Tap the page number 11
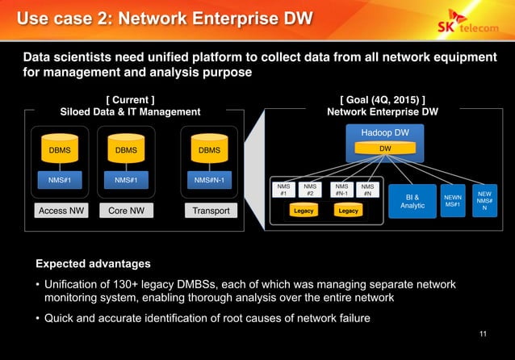pyautogui.click(x=483, y=334)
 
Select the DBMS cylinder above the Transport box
pyautogui.click(x=209, y=150)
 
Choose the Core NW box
pyautogui.click(x=126, y=211)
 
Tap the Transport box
pyautogui.click(x=210, y=211)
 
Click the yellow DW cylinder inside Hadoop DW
pyautogui.click(x=385, y=149)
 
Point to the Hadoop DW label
pyautogui.click(x=385, y=132)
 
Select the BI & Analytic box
pyautogui.click(x=412, y=200)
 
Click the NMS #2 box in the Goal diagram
pyautogui.click(x=310, y=190)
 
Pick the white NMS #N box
pyautogui.click(x=367, y=190)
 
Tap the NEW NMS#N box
pyautogui.click(x=484, y=200)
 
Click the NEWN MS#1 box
pyautogui.click(x=452, y=200)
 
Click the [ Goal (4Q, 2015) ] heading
pyautogui.click(x=383, y=99)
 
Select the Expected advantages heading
pyautogui.click(x=93, y=264)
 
